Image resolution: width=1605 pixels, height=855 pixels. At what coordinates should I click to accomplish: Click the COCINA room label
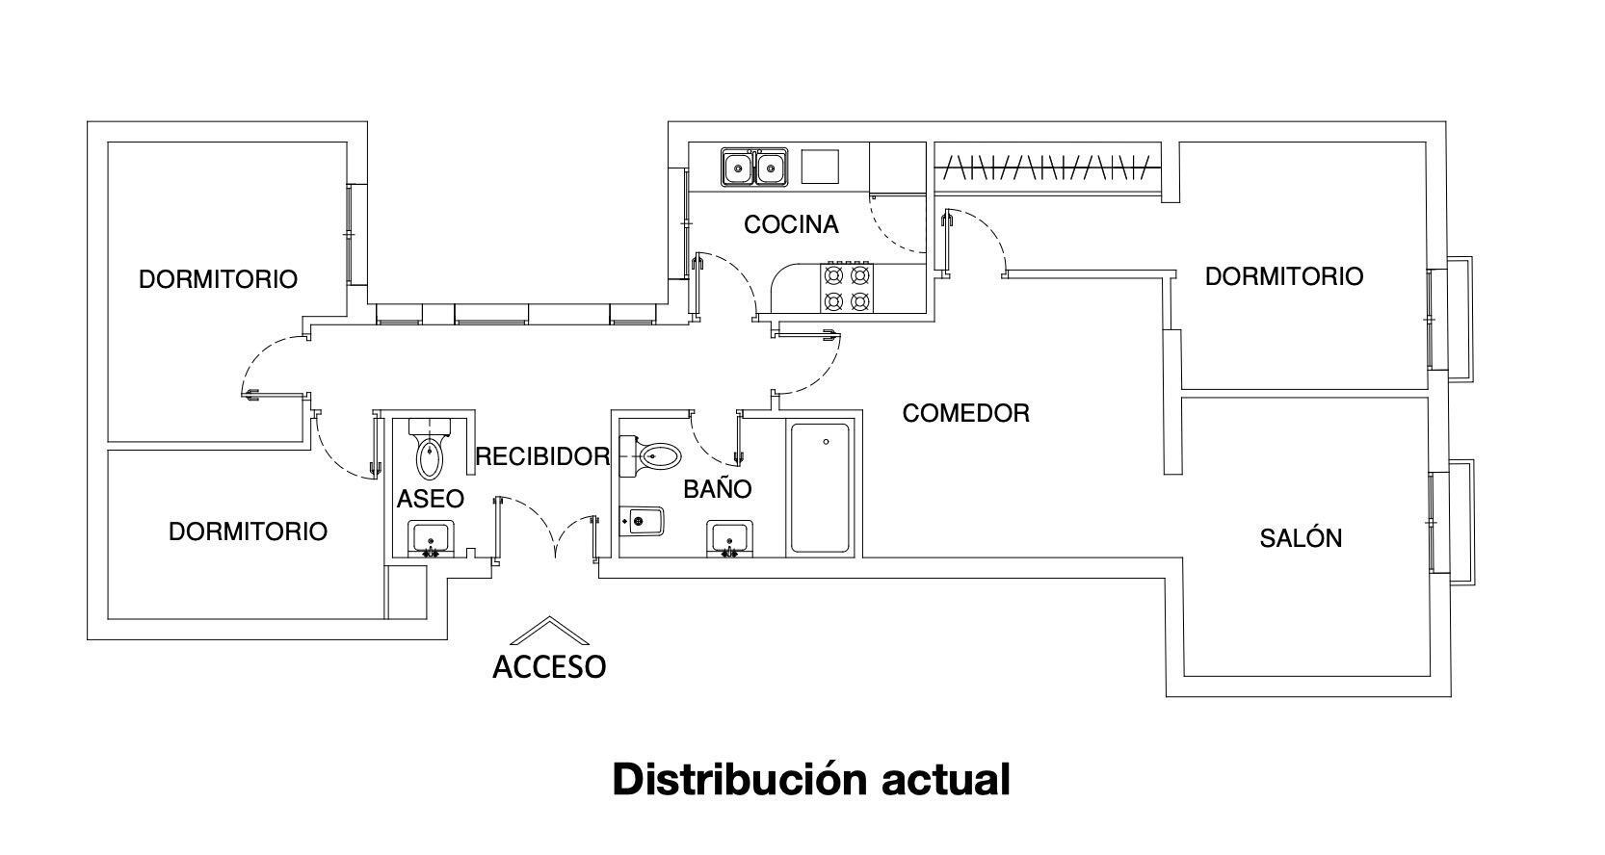click(x=791, y=225)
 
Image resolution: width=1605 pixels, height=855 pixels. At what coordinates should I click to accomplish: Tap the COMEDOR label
click(x=966, y=413)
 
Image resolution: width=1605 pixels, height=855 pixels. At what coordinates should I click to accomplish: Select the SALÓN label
click(x=1301, y=538)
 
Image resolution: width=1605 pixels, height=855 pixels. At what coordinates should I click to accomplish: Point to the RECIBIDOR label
click(x=542, y=456)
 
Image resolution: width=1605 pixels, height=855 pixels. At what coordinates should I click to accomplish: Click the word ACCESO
click(x=549, y=667)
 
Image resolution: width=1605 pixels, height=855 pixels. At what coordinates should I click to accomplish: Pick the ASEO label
click(x=431, y=499)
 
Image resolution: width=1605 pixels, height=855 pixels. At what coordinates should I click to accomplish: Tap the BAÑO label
click(x=717, y=489)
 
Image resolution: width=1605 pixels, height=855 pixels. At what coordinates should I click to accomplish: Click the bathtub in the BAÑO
click(x=821, y=487)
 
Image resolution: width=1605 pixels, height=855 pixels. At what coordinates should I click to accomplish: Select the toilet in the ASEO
click(x=430, y=449)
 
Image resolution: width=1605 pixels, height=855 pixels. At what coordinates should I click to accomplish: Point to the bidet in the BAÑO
click(x=642, y=521)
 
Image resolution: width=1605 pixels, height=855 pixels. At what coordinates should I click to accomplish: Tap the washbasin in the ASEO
click(x=431, y=538)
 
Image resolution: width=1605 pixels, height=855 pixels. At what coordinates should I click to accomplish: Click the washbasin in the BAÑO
click(x=729, y=538)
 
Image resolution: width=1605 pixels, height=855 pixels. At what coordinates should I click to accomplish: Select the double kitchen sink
click(x=754, y=168)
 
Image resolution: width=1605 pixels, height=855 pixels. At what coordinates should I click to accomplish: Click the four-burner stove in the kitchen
click(x=846, y=288)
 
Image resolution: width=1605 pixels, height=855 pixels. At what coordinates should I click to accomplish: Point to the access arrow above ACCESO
click(x=549, y=630)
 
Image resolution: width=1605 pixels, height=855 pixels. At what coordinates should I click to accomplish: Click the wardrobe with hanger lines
click(x=1047, y=168)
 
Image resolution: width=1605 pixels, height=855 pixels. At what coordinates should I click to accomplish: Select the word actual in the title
click(x=946, y=780)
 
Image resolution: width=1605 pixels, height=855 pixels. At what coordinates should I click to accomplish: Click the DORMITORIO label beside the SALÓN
click(x=1284, y=276)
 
